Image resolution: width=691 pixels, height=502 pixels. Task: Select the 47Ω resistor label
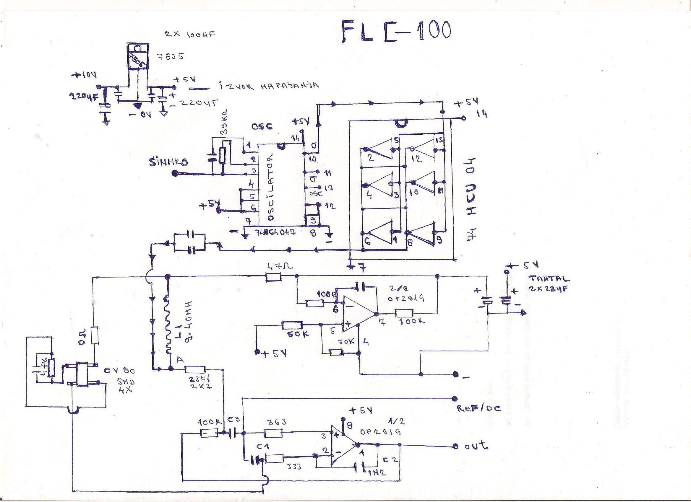click(279, 267)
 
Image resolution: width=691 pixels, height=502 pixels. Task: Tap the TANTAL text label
click(549, 278)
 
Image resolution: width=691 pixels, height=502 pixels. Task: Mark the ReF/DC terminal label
click(478, 408)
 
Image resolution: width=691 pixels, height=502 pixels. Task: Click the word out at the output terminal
click(477, 446)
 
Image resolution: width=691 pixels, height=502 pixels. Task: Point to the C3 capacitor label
click(233, 420)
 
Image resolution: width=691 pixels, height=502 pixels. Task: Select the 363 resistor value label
click(276, 422)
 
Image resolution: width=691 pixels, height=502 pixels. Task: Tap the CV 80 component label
click(120, 371)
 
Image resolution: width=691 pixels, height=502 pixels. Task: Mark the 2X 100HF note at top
click(189, 34)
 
